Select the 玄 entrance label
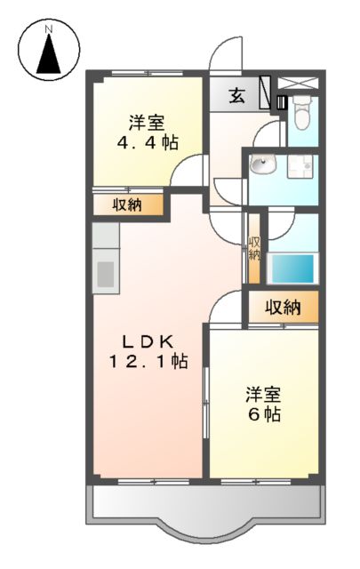coord(237,97)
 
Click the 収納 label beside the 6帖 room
coord(282,308)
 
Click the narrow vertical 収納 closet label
coord(253,248)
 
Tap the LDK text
coord(148,341)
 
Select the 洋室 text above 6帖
coord(264,393)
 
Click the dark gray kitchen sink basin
coord(106,273)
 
